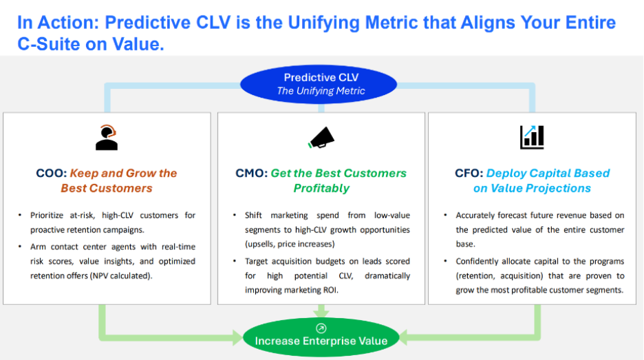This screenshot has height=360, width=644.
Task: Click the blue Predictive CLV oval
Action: tap(318, 83)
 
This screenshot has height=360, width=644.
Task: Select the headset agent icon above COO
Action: tap(106, 138)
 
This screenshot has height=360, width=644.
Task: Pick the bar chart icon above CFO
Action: tap(532, 137)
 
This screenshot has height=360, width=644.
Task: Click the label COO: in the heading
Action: tap(52, 173)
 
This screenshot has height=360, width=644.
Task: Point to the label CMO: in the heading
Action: tap(251, 173)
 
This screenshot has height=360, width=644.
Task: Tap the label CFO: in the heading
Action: tap(469, 173)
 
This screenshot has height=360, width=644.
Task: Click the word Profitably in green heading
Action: tap(321, 188)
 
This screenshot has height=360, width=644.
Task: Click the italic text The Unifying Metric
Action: tap(321, 91)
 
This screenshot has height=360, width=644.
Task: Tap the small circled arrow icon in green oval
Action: tap(321, 328)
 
